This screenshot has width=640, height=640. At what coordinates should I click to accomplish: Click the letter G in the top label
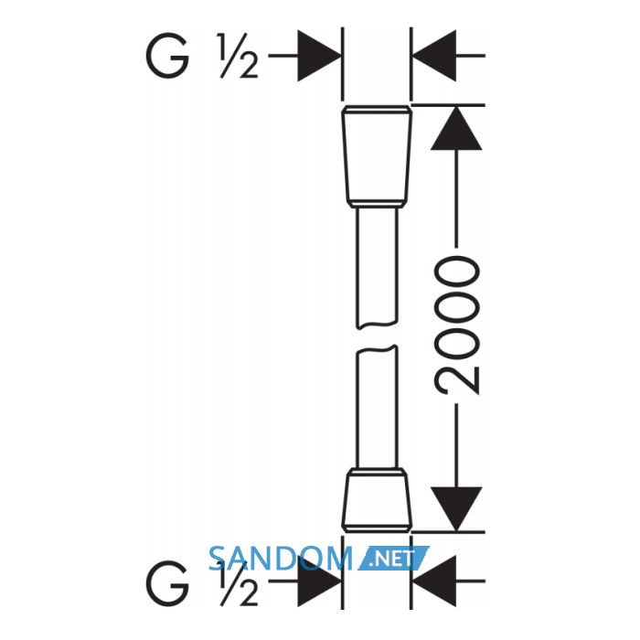pos(167,56)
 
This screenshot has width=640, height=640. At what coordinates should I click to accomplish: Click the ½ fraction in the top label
pos(239,56)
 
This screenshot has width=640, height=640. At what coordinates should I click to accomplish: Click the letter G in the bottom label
pos(167,583)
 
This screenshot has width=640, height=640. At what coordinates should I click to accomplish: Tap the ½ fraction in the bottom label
pos(239,583)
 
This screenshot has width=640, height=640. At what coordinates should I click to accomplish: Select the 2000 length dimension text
pos(456,325)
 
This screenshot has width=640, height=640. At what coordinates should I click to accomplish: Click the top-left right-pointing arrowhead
pos(319,56)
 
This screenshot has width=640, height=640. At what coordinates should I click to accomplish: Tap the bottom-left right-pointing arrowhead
pos(319,581)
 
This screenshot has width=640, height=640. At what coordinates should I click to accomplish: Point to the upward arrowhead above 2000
pos(456,128)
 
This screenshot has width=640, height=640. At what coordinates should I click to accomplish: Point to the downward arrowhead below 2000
pos(456,509)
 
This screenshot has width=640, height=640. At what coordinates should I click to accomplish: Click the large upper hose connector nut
pos(377,156)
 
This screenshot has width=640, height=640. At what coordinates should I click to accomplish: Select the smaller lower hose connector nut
pos(377,500)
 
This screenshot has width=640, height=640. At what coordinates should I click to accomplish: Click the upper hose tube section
pos(377,268)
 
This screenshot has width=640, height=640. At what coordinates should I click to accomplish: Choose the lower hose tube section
pos(377,407)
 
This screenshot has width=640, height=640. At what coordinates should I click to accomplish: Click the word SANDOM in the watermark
pos(280,559)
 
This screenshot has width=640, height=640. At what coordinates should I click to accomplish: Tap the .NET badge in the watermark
pos(393,558)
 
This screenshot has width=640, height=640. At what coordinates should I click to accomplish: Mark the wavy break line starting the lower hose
pos(377,349)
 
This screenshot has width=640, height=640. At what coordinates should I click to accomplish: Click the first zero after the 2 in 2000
pos(456,342)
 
